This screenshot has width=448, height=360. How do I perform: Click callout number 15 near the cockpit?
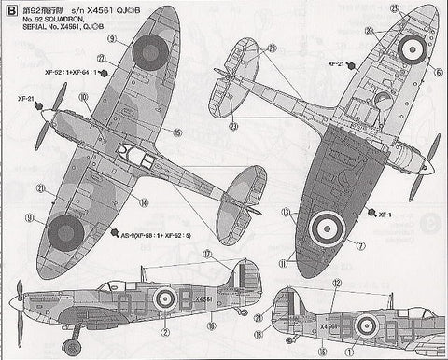click(x=176, y=132)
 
